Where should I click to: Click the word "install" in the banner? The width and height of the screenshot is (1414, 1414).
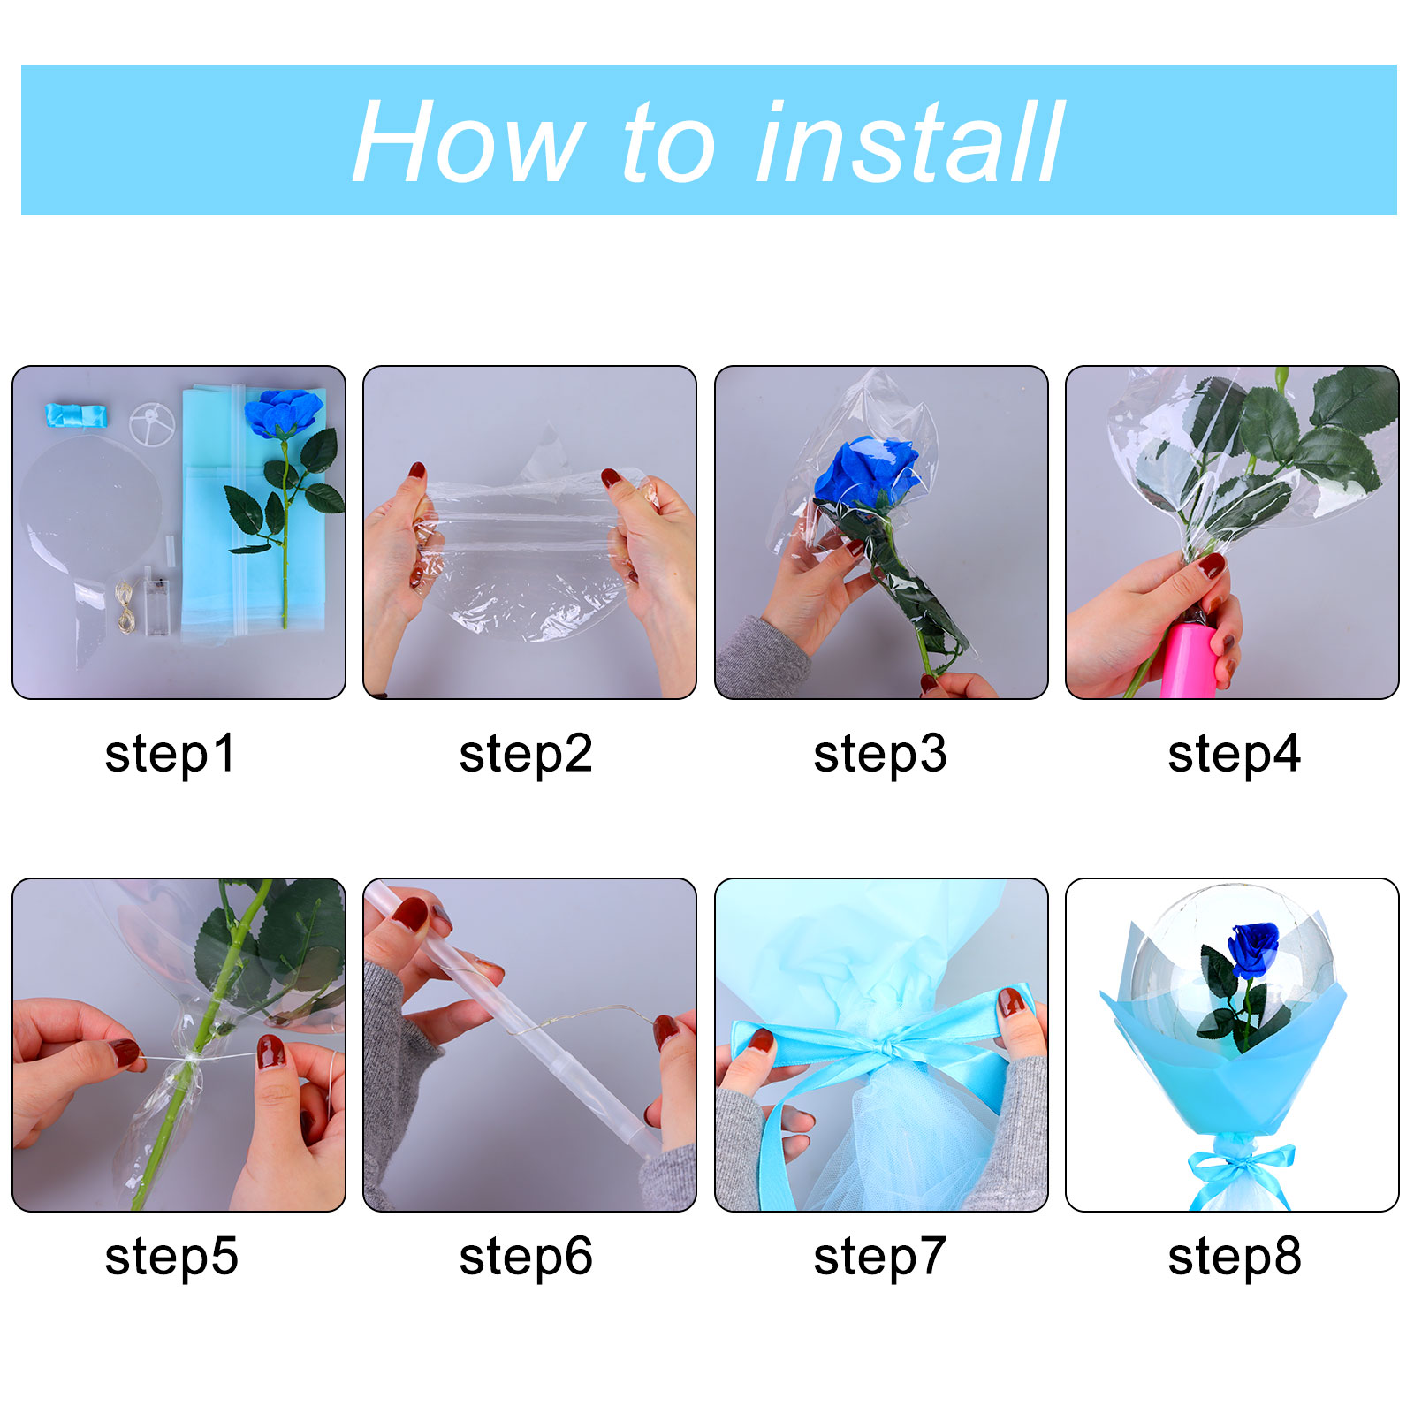910,141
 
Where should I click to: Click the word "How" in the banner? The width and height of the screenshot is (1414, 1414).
468,141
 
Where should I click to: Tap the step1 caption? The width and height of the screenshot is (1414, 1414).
171,754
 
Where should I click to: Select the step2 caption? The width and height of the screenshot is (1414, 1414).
526,754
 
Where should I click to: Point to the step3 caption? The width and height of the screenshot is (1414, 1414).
880,754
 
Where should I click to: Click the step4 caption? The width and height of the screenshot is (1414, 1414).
1235,754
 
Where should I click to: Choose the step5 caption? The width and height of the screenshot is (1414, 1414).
171,1257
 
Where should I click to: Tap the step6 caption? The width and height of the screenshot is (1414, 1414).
526,1257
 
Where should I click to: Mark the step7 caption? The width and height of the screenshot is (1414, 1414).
880,1257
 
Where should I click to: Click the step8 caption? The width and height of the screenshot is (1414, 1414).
1235,1257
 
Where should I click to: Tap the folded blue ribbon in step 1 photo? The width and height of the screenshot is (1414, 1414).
76,415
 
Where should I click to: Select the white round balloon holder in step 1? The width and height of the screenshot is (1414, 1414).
152,424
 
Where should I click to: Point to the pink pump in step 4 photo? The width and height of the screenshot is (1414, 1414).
1189,658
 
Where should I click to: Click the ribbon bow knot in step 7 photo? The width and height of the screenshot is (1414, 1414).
884,1049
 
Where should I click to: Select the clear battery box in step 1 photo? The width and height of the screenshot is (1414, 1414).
156,605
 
